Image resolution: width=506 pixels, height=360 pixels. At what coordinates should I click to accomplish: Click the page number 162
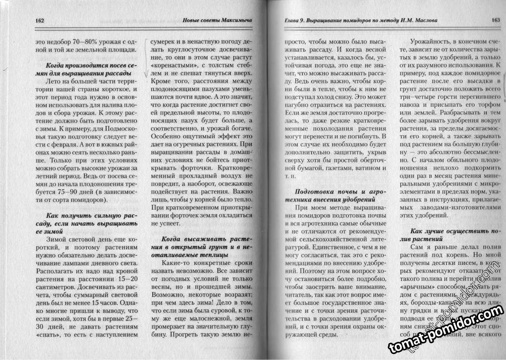coord(40,21)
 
